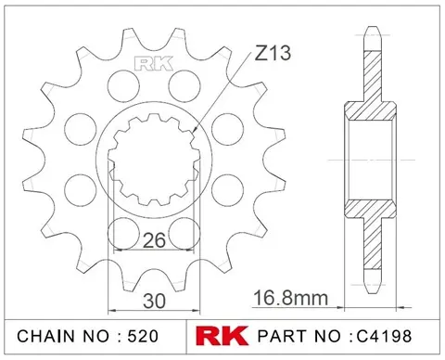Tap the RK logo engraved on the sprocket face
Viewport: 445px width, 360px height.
coord(148,64)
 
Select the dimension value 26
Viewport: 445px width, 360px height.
coord(154,240)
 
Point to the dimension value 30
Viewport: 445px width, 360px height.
coord(154,300)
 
